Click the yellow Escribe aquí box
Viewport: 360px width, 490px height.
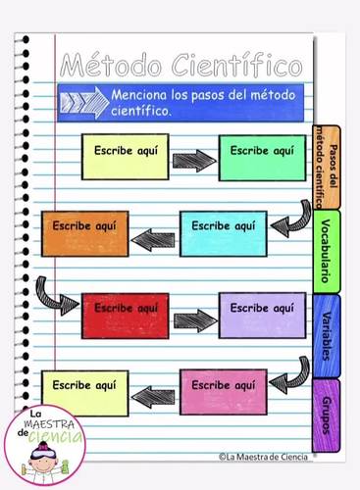[126, 157]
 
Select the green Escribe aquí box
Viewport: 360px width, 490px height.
[262, 157]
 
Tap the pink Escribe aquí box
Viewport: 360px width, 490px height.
[223, 391]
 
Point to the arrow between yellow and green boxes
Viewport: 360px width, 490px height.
[194, 160]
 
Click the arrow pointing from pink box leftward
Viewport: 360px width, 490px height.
[154, 396]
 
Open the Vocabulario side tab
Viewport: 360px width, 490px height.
[326, 251]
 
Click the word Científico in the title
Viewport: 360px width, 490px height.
[236, 67]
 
